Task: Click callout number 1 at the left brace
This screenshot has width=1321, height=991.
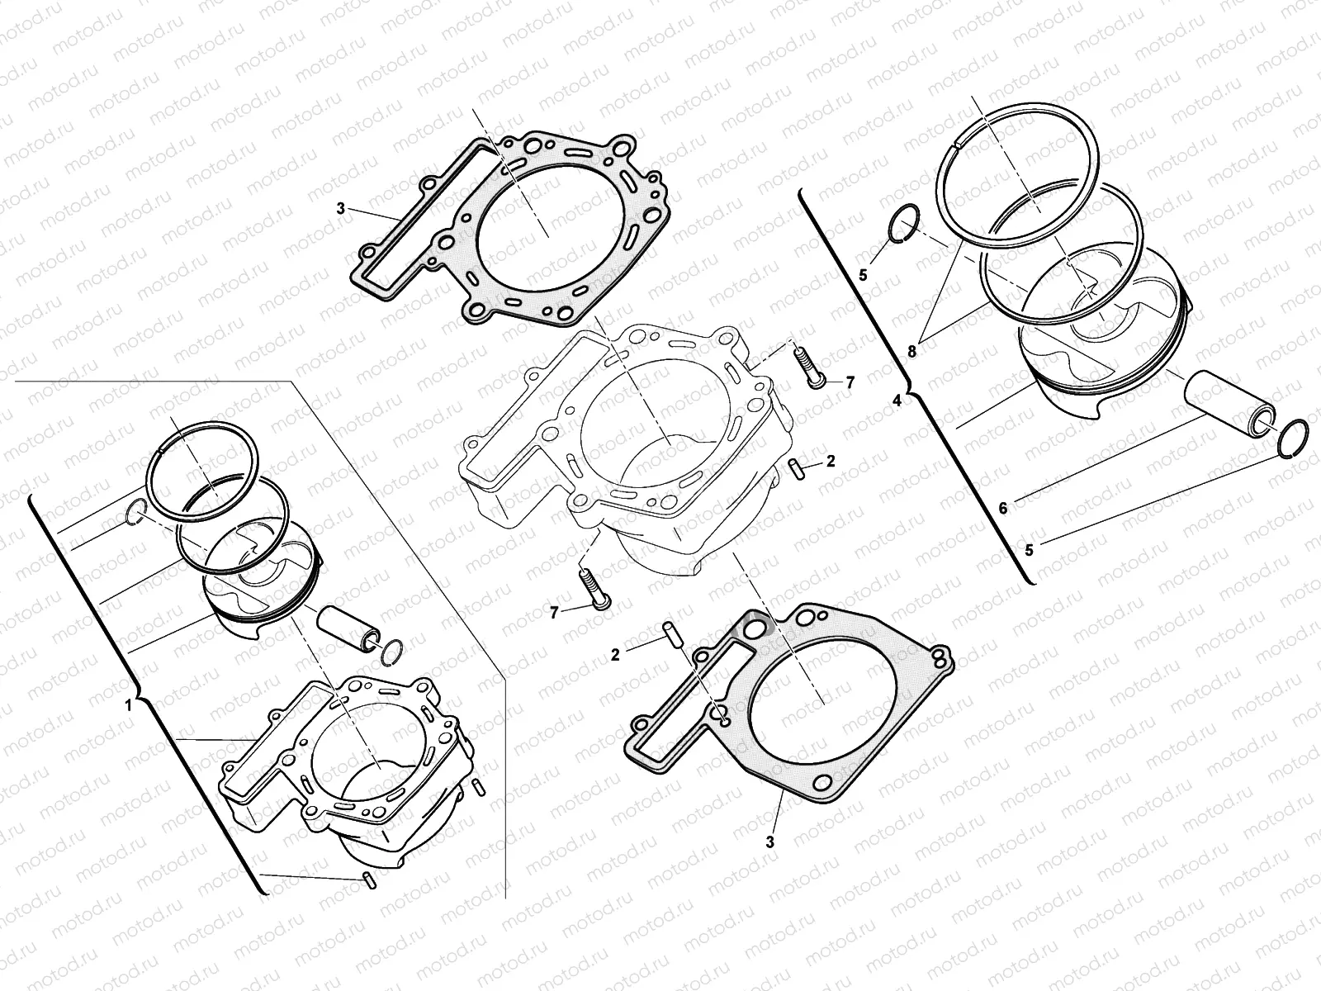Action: click(x=128, y=705)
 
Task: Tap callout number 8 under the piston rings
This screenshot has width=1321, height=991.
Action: click(x=912, y=351)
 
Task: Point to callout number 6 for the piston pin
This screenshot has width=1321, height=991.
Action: click(x=1003, y=509)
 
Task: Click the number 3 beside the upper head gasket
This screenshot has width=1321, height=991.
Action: click(x=340, y=209)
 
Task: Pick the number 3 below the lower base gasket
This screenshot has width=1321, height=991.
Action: click(x=769, y=842)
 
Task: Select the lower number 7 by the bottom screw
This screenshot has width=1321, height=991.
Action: click(x=555, y=611)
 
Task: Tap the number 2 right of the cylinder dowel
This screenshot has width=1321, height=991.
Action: click(x=830, y=462)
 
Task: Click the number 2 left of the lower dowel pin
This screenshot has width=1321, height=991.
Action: click(x=615, y=655)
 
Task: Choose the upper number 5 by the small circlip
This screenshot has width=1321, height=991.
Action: click(x=863, y=275)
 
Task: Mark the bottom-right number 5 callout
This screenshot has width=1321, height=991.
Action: click(x=1028, y=548)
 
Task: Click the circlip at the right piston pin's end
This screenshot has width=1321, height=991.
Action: click(x=1290, y=437)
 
